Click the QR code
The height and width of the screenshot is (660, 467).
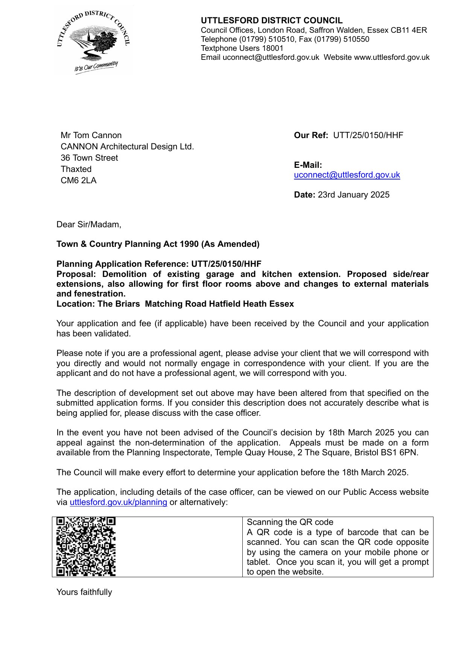(86, 546)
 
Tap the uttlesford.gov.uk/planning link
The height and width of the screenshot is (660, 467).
(118, 502)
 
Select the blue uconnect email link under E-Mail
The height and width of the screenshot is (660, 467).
(347, 175)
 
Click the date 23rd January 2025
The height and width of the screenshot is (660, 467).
(353, 195)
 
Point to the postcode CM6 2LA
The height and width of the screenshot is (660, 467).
(78, 180)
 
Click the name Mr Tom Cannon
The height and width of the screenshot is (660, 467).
(91, 135)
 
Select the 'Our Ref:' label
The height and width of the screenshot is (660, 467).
(311, 135)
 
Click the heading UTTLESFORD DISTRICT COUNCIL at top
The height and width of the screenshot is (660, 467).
(271, 20)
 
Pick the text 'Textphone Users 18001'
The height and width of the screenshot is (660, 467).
(242, 48)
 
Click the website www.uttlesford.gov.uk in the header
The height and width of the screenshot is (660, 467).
(392, 57)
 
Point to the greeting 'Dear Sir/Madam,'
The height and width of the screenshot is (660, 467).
(89, 224)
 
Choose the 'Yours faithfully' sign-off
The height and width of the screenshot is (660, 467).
(84, 592)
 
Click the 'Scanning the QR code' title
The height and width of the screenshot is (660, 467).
(290, 522)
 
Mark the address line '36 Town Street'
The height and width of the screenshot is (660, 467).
(89, 158)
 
